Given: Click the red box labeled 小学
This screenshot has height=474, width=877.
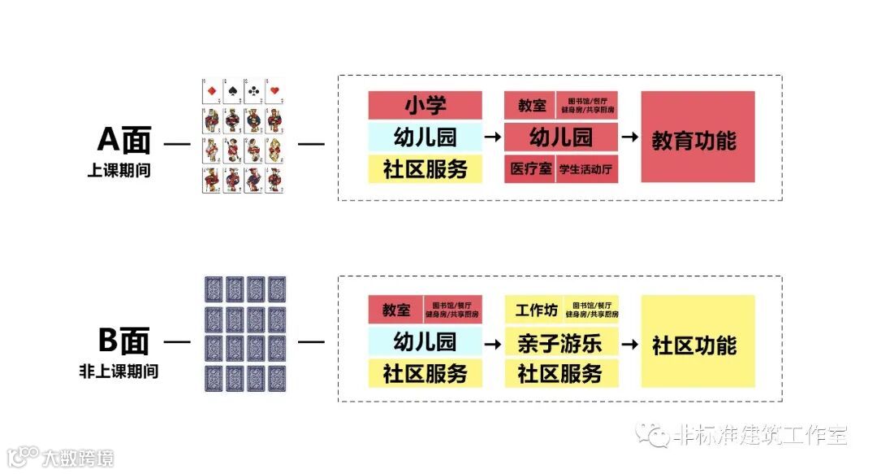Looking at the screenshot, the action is coord(425,105).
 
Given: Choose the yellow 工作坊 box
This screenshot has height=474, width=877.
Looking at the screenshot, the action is coord(533,310).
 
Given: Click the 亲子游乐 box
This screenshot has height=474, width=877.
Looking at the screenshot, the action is coord(561,342).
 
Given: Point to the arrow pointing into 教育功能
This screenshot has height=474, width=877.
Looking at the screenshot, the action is coord(629,137).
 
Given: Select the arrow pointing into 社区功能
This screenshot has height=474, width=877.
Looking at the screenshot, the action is coord(629,342).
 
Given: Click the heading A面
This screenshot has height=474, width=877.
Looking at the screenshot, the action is coord(123,140).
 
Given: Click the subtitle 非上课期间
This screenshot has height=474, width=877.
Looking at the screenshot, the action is coord(119,372).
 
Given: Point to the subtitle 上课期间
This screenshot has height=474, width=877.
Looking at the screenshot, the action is coord(119,172).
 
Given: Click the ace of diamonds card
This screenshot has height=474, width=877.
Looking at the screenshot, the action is coord(210,91).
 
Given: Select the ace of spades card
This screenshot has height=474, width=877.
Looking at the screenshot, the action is coord(232,91).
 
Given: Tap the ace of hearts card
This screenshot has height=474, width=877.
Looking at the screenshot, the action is coord(274,91).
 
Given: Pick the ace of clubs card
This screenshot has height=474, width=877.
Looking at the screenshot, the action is coord(253,91).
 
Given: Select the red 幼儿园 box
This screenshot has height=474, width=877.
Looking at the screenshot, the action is coord(561,137).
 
